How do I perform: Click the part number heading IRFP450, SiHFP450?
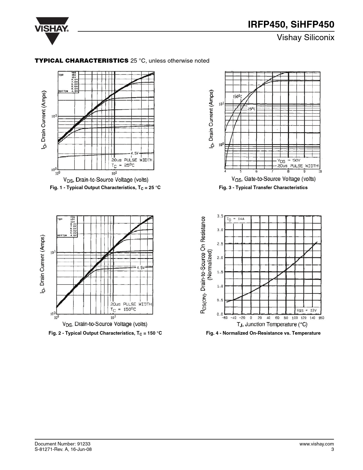tap(291, 25)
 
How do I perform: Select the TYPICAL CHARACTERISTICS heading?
tap(81, 61)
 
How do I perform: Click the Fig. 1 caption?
tap(105, 187)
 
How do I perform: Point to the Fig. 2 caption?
tap(105, 333)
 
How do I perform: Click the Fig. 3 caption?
tap(263, 187)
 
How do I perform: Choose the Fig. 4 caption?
tap(263, 333)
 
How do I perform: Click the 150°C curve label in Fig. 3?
tap(237, 96)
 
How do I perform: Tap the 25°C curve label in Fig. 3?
tap(251, 109)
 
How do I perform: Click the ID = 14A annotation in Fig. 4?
tap(235, 219)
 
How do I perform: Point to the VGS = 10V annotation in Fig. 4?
tap(307, 310)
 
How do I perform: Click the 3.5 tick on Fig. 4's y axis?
tap(220, 216)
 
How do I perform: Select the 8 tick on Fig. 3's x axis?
tap(288, 171)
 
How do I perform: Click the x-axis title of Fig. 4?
tap(272, 324)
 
